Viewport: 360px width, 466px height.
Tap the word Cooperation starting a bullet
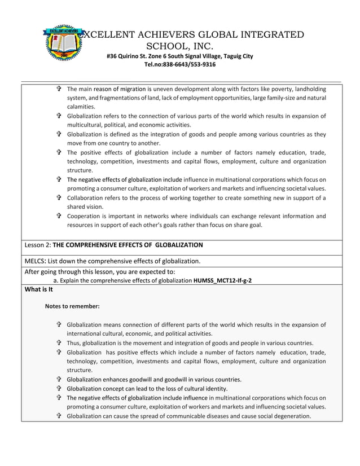coord(85,216)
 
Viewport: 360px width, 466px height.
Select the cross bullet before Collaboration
coord(59,198)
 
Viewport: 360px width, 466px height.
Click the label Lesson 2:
coord(38,245)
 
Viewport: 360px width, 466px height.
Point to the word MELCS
coord(36,261)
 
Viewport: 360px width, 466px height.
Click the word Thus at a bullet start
coord(74,343)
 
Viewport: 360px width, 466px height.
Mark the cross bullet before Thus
coord(59,343)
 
